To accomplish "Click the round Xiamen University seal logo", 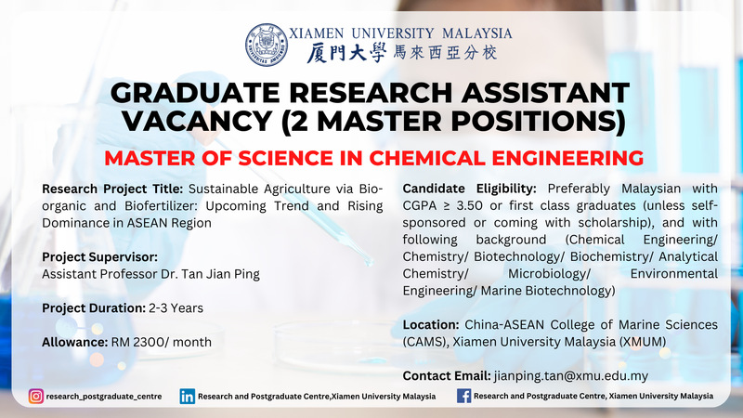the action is point(267,45).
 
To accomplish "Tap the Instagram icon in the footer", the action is point(36,397).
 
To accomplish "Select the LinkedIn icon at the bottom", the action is point(188,397).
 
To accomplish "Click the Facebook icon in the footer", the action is point(463,396).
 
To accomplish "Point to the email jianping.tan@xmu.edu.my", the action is point(571,376).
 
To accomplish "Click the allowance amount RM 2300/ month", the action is point(162,342).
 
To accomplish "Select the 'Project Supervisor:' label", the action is point(100,257).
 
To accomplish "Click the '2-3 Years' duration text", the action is point(176,308).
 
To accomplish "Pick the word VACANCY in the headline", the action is point(197,121).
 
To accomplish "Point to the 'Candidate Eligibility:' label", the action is point(470,189).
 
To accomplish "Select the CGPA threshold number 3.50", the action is point(470,205).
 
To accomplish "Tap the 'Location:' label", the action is point(431,325).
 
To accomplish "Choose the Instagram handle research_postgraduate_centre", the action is point(104,397).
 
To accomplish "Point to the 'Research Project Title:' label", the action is point(112,189).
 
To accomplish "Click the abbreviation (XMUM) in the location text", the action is point(642,342).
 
